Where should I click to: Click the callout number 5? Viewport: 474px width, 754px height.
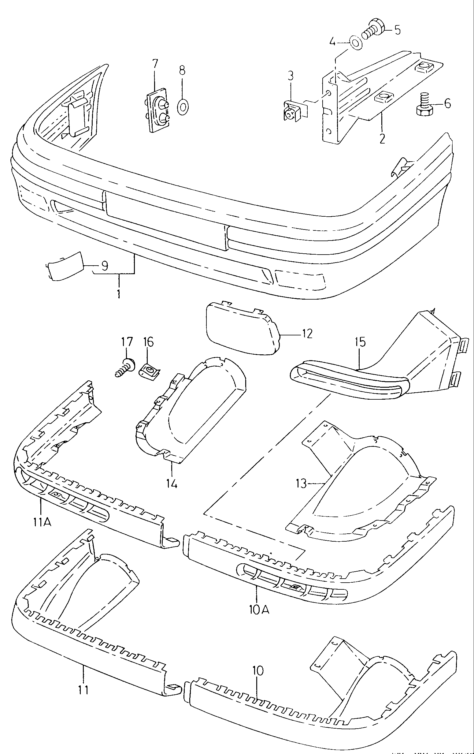coord(397,30)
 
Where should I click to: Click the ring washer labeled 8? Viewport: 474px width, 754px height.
coord(182,106)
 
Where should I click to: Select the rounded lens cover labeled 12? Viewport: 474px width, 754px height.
coord(243,328)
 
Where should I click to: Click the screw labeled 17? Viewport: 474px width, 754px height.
coord(125,368)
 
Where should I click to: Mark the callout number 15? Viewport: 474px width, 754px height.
coord(360,342)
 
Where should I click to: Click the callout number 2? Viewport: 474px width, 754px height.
coord(382,138)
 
